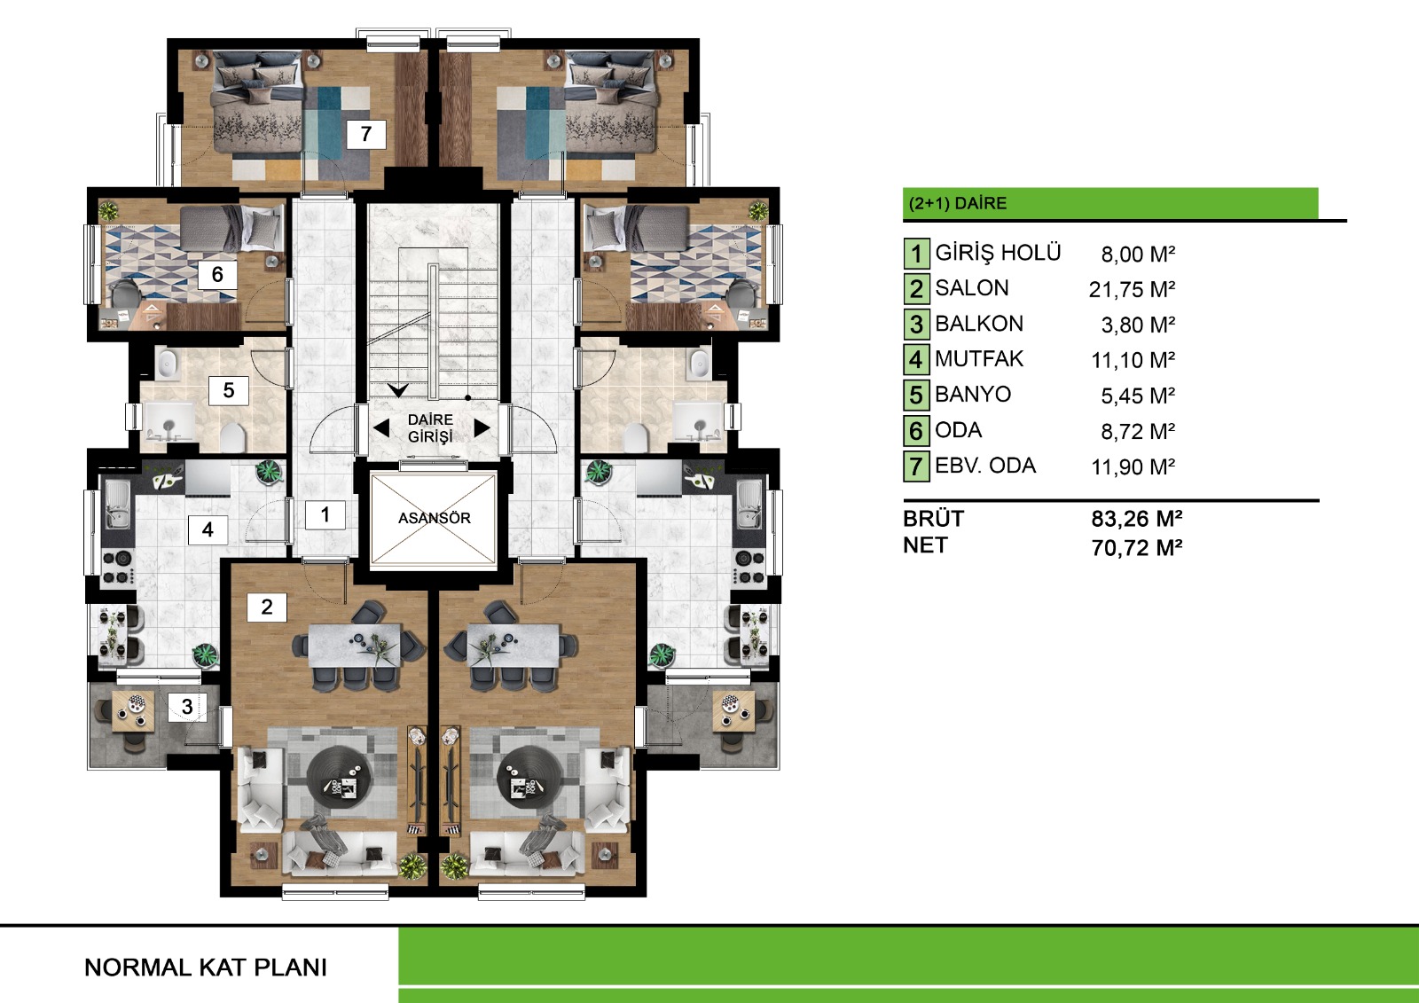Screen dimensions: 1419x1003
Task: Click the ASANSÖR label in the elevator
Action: coord(434,518)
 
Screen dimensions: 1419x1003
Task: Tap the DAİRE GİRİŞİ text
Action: coord(430,428)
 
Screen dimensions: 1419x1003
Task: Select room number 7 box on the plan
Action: coord(366,134)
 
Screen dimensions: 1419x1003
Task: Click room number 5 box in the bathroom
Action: coord(229,390)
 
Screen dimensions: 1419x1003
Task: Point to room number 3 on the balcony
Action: coord(187,707)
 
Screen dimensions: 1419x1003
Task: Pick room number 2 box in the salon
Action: coord(267,607)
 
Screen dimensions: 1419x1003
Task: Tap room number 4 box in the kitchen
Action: coord(208,529)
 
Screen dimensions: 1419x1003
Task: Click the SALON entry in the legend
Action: coord(972,288)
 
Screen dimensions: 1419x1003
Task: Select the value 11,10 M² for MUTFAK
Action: coord(1133,361)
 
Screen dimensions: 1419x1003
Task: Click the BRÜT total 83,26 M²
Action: coord(1136,519)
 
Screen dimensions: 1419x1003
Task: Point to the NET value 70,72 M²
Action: coord(1136,547)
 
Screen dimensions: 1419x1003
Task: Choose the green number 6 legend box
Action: coord(916,431)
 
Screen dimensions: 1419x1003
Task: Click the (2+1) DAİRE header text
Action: coord(957,203)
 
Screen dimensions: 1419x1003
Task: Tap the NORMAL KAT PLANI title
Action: coord(206,968)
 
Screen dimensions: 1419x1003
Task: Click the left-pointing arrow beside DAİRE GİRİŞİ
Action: coord(381,428)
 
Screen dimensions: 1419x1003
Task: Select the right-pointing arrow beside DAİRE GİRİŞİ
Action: coord(482,428)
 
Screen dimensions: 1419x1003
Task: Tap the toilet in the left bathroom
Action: coord(232,436)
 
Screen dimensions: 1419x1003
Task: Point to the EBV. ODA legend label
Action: coord(985,466)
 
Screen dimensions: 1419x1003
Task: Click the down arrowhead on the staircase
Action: coord(398,390)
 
